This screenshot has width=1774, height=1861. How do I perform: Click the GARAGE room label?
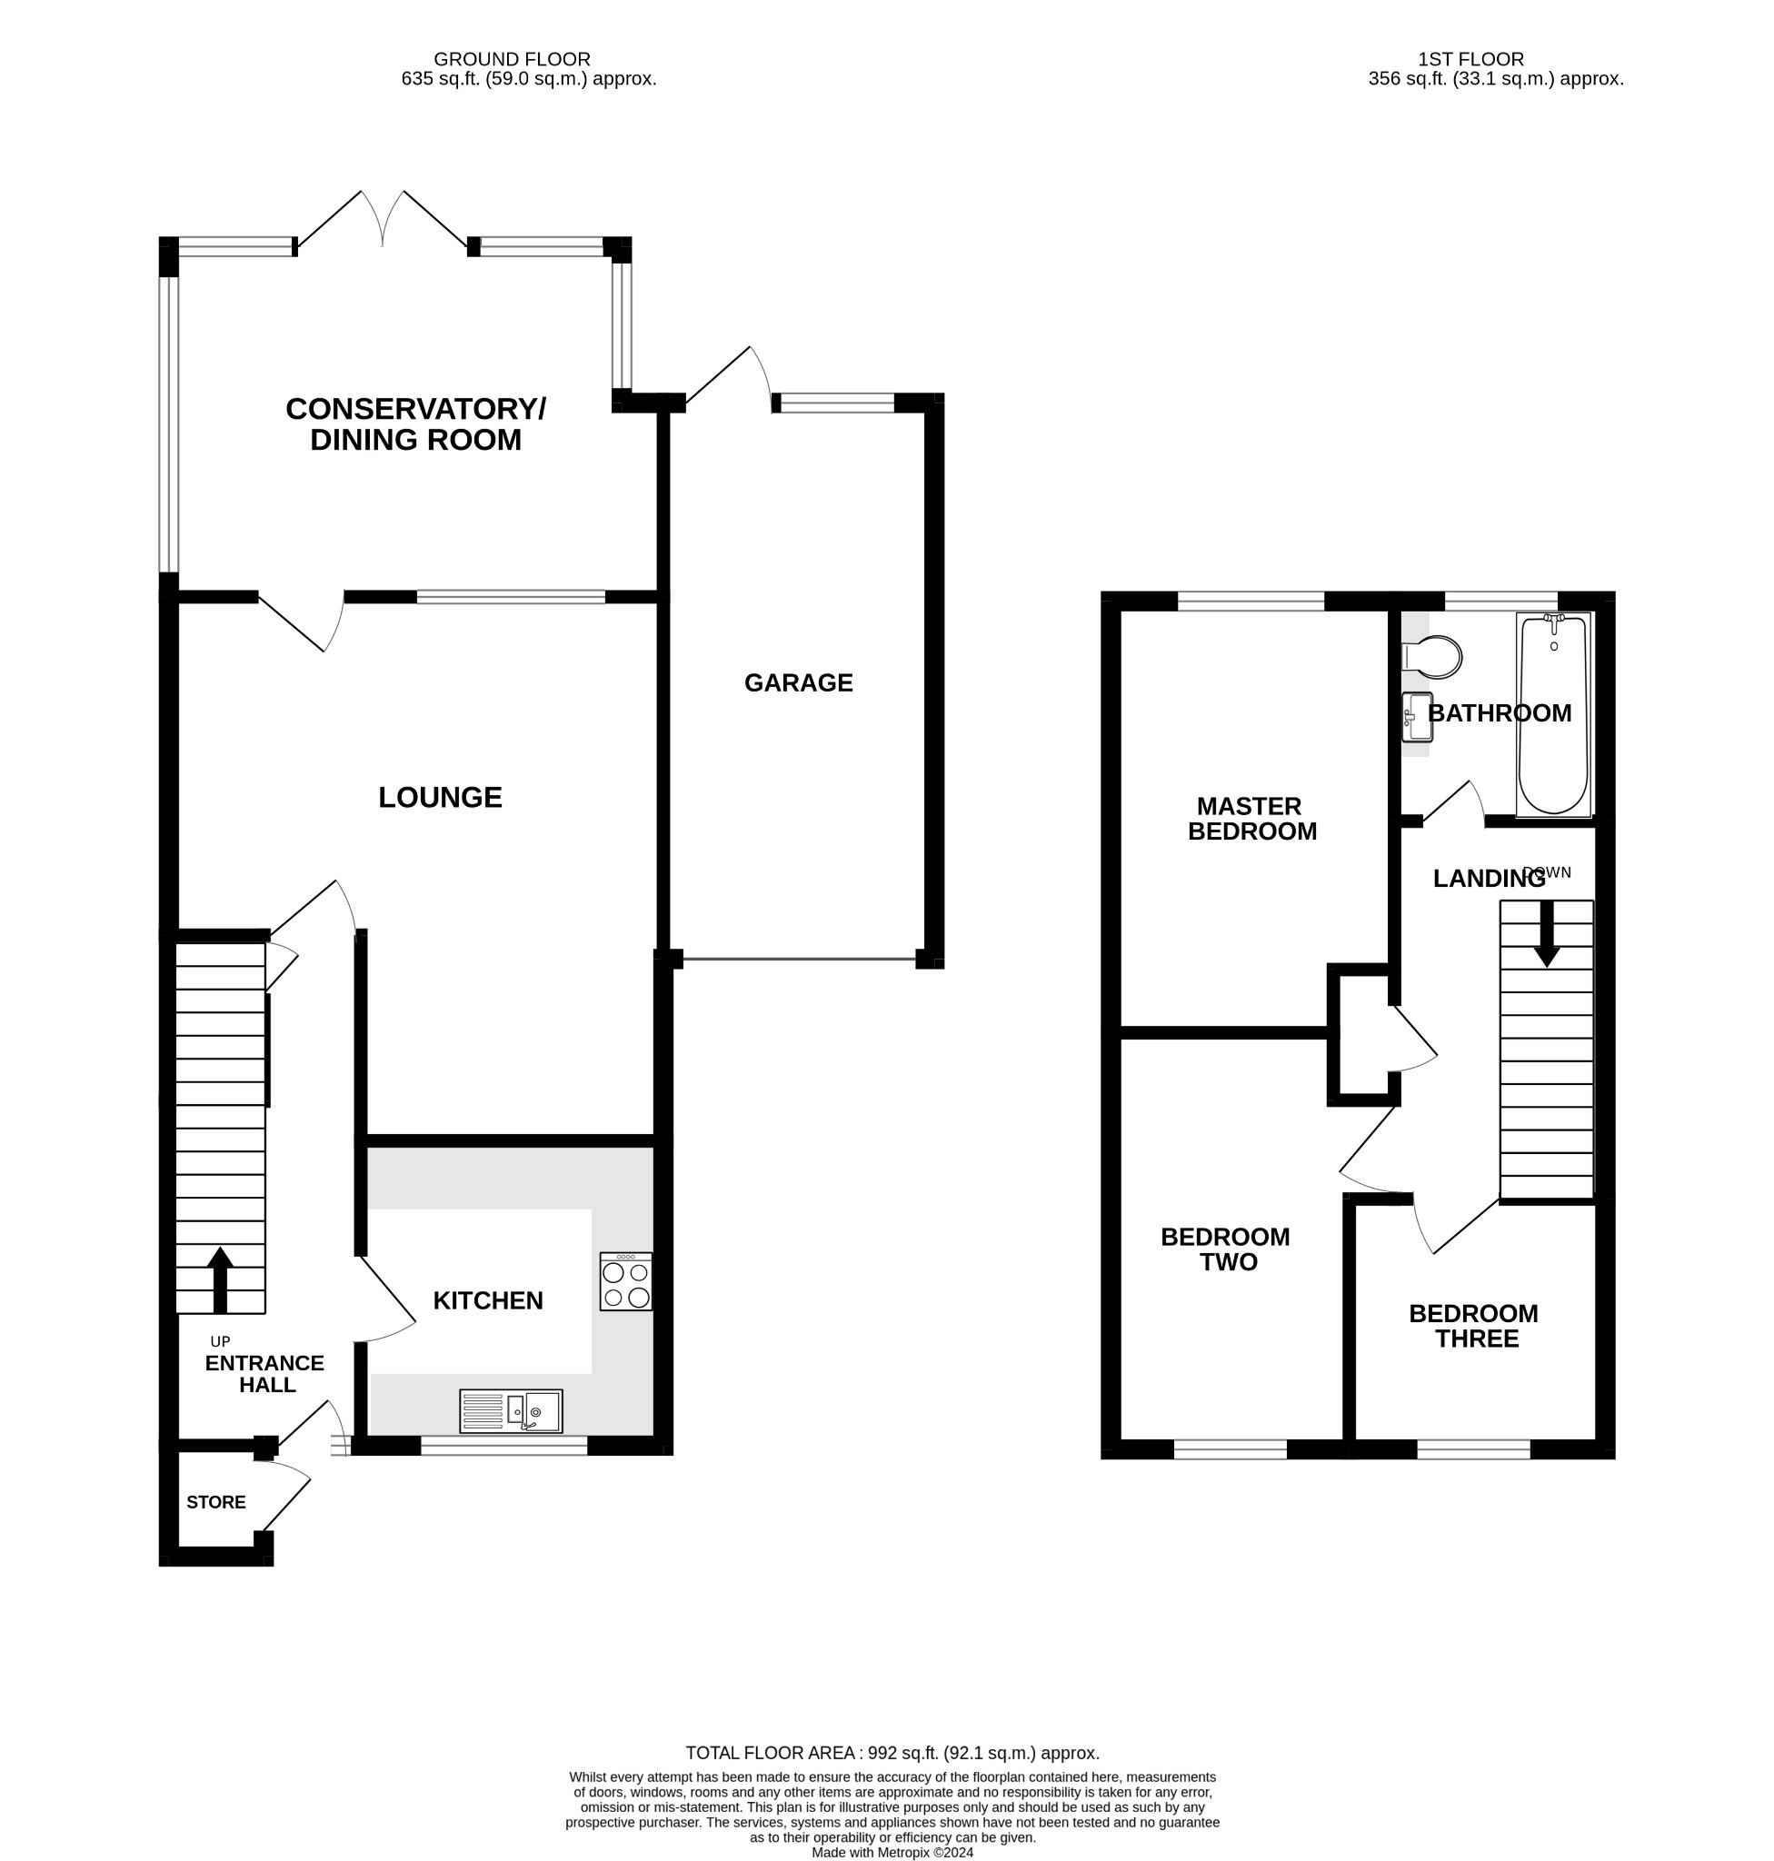[x=798, y=682]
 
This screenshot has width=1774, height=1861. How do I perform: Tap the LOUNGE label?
[x=440, y=797]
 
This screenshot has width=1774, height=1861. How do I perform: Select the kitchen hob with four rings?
[x=625, y=1281]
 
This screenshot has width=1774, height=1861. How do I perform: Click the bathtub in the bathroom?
[x=1553, y=714]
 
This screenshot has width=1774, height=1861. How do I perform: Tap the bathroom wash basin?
[x=1418, y=717]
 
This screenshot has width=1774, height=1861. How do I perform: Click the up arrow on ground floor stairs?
[x=219, y=1279]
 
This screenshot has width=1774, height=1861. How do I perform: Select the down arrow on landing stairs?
[x=1546, y=932]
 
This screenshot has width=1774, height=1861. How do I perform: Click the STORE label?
[x=215, y=1502]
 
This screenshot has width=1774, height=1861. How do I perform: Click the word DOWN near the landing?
[x=1547, y=871]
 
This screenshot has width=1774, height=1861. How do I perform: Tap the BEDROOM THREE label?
[x=1474, y=1326]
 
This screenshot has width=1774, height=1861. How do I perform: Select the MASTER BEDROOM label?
[x=1251, y=818]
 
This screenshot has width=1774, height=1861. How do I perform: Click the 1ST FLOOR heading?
[x=1470, y=59]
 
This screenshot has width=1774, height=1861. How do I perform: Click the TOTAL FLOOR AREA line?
[x=892, y=1752]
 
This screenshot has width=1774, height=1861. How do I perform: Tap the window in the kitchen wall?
[x=504, y=1445]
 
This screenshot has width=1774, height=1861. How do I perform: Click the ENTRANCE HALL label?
[x=264, y=1373]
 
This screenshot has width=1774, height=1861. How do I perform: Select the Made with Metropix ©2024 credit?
[x=892, y=1853]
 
